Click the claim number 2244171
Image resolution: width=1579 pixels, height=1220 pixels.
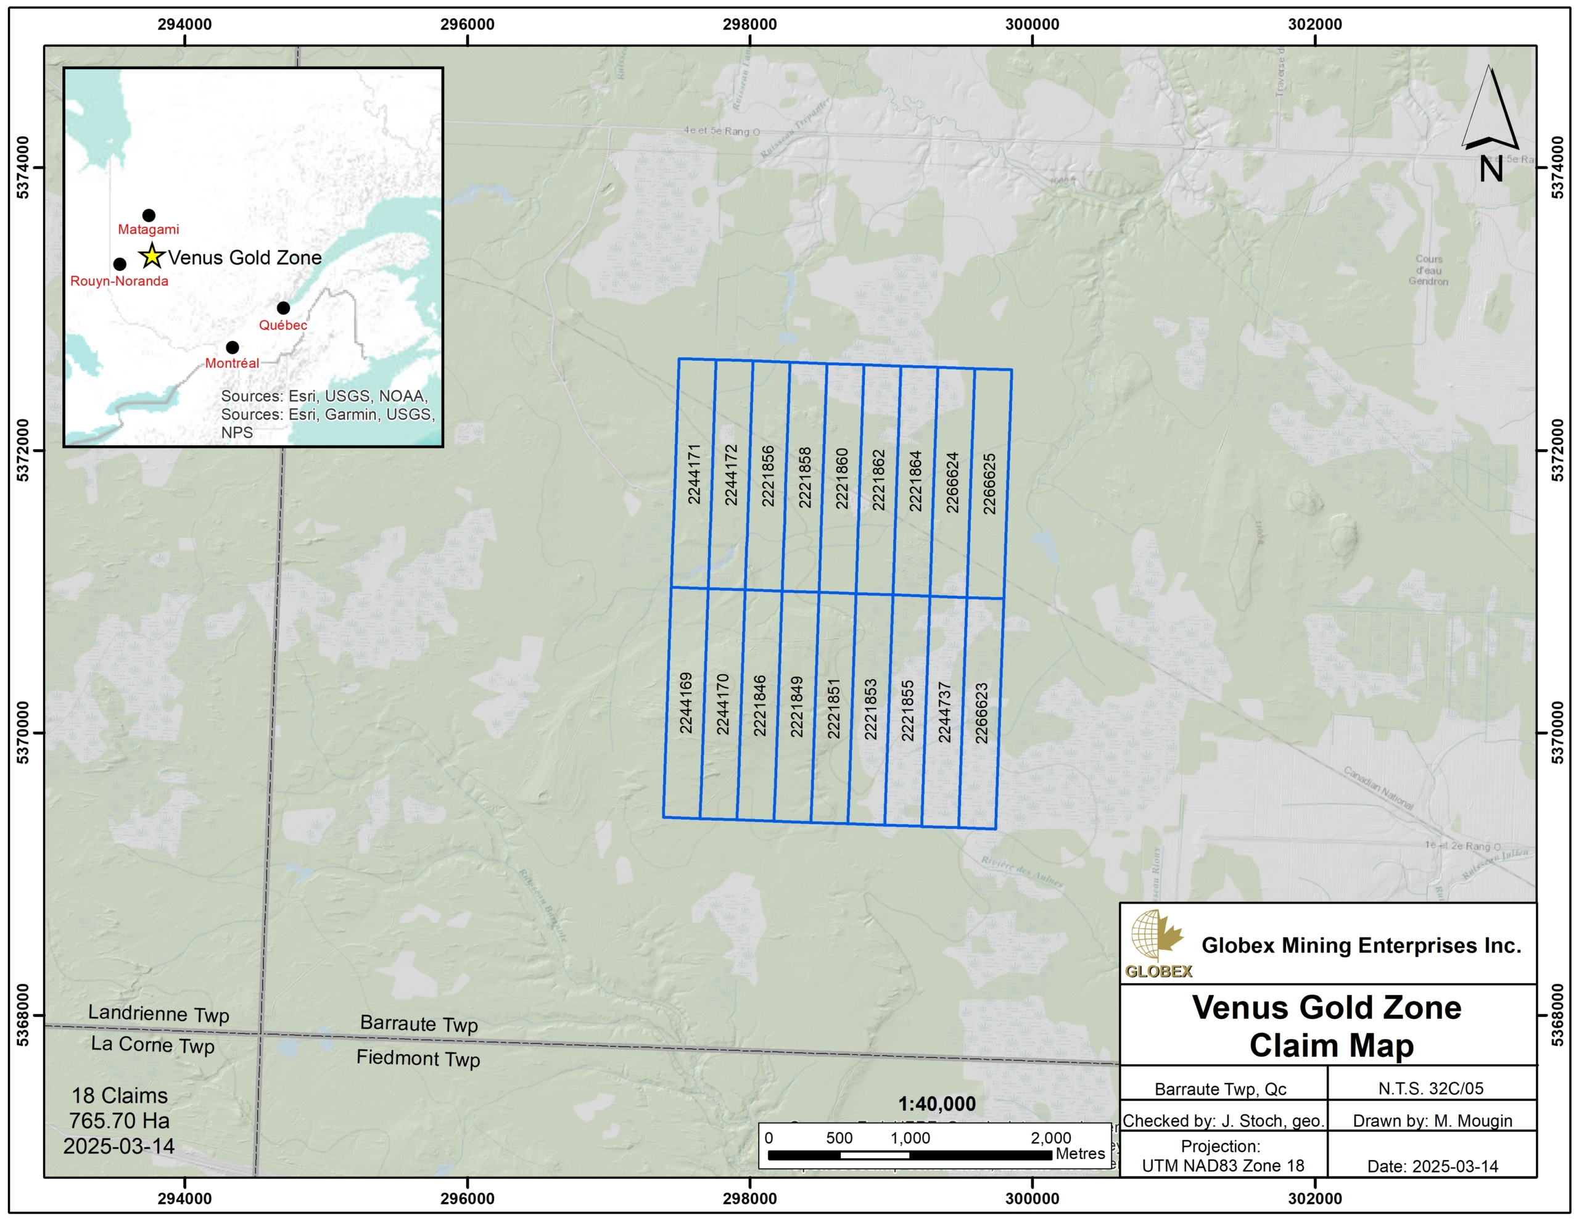[x=694, y=474]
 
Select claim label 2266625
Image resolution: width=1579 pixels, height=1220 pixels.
[x=990, y=483]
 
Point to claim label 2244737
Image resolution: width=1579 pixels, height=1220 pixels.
[x=944, y=712]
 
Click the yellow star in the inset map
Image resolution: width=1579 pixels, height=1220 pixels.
[x=152, y=255]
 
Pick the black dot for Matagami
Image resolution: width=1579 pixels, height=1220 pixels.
[x=149, y=215]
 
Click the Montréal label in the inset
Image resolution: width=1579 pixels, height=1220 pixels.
[x=231, y=363]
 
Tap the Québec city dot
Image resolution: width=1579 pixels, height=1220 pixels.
[x=283, y=308]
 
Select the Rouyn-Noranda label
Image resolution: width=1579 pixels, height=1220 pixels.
[x=119, y=281]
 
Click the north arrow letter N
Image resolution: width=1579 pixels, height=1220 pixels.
[x=1491, y=169]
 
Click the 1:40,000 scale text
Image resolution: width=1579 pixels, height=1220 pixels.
[x=936, y=1103]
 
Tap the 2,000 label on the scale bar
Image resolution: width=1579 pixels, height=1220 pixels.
[x=1050, y=1137]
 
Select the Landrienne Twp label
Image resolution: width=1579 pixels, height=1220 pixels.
[x=159, y=1013]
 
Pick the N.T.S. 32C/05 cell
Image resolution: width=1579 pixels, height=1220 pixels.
[x=1431, y=1089]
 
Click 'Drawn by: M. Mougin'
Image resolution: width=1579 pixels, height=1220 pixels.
[x=1432, y=1120]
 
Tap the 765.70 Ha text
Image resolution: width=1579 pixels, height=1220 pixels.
[x=119, y=1120]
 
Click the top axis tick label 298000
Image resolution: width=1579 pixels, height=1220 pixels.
[x=750, y=24]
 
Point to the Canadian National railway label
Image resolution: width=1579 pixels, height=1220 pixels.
[x=1378, y=788]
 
